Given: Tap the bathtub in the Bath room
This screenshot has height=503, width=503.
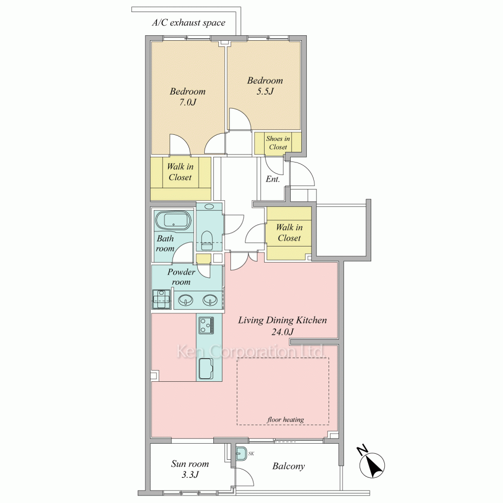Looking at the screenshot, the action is click(x=173, y=220).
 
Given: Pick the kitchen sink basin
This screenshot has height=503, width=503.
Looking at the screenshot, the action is click(x=206, y=368).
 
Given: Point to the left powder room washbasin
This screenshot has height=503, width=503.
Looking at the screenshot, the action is click(x=185, y=300).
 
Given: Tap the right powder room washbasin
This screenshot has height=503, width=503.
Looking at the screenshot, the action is click(x=210, y=300).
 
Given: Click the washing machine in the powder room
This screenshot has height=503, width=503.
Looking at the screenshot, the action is click(x=161, y=299).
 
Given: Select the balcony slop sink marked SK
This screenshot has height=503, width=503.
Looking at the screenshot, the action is click(x=240, y=454).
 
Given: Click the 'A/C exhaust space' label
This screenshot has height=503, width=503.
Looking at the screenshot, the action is click(x=189, y=23).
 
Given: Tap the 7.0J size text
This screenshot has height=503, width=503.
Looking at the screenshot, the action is click(x=188, y=102).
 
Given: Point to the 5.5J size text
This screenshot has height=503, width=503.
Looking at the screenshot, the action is click(x=265, y=92).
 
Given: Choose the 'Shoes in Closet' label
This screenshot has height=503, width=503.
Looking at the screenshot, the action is click(x=278, y=143).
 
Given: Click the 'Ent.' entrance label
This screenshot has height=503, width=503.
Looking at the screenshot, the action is click(x=273, y=179).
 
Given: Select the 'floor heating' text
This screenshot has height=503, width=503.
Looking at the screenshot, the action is click(x=286, y=420).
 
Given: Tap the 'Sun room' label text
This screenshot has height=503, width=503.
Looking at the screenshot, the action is click(x=190, y=464).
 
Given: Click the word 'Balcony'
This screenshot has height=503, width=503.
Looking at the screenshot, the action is click(x=288, y=466).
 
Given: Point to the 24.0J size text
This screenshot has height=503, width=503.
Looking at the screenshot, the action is click(x=282, y=331).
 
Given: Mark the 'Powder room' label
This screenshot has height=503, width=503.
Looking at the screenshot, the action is click(x=181, y=277).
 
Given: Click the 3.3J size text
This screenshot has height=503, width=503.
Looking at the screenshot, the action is click(x=190, y=474).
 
